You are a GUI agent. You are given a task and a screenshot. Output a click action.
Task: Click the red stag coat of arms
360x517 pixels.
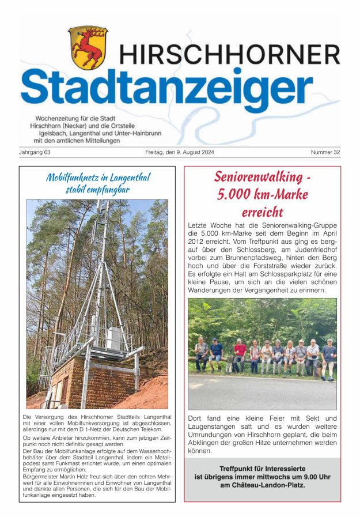click(x=88, y=47)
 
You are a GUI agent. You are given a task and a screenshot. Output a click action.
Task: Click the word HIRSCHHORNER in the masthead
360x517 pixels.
click(x=230, y=55)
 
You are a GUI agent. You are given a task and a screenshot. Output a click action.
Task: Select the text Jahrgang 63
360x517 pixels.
click(x=35, y=152)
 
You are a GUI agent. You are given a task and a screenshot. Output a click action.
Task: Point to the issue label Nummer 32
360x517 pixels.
click(x=325, y=152)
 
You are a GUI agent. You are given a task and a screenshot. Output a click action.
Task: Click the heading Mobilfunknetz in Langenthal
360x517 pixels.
click(x=97, y=178)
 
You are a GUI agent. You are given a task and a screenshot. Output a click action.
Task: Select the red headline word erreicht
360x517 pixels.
click(x=262, y=211)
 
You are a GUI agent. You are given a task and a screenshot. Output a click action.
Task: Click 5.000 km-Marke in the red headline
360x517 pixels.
click(x=262, y=194)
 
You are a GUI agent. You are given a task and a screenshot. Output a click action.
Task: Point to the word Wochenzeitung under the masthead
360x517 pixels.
click(x=55, y=118)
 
